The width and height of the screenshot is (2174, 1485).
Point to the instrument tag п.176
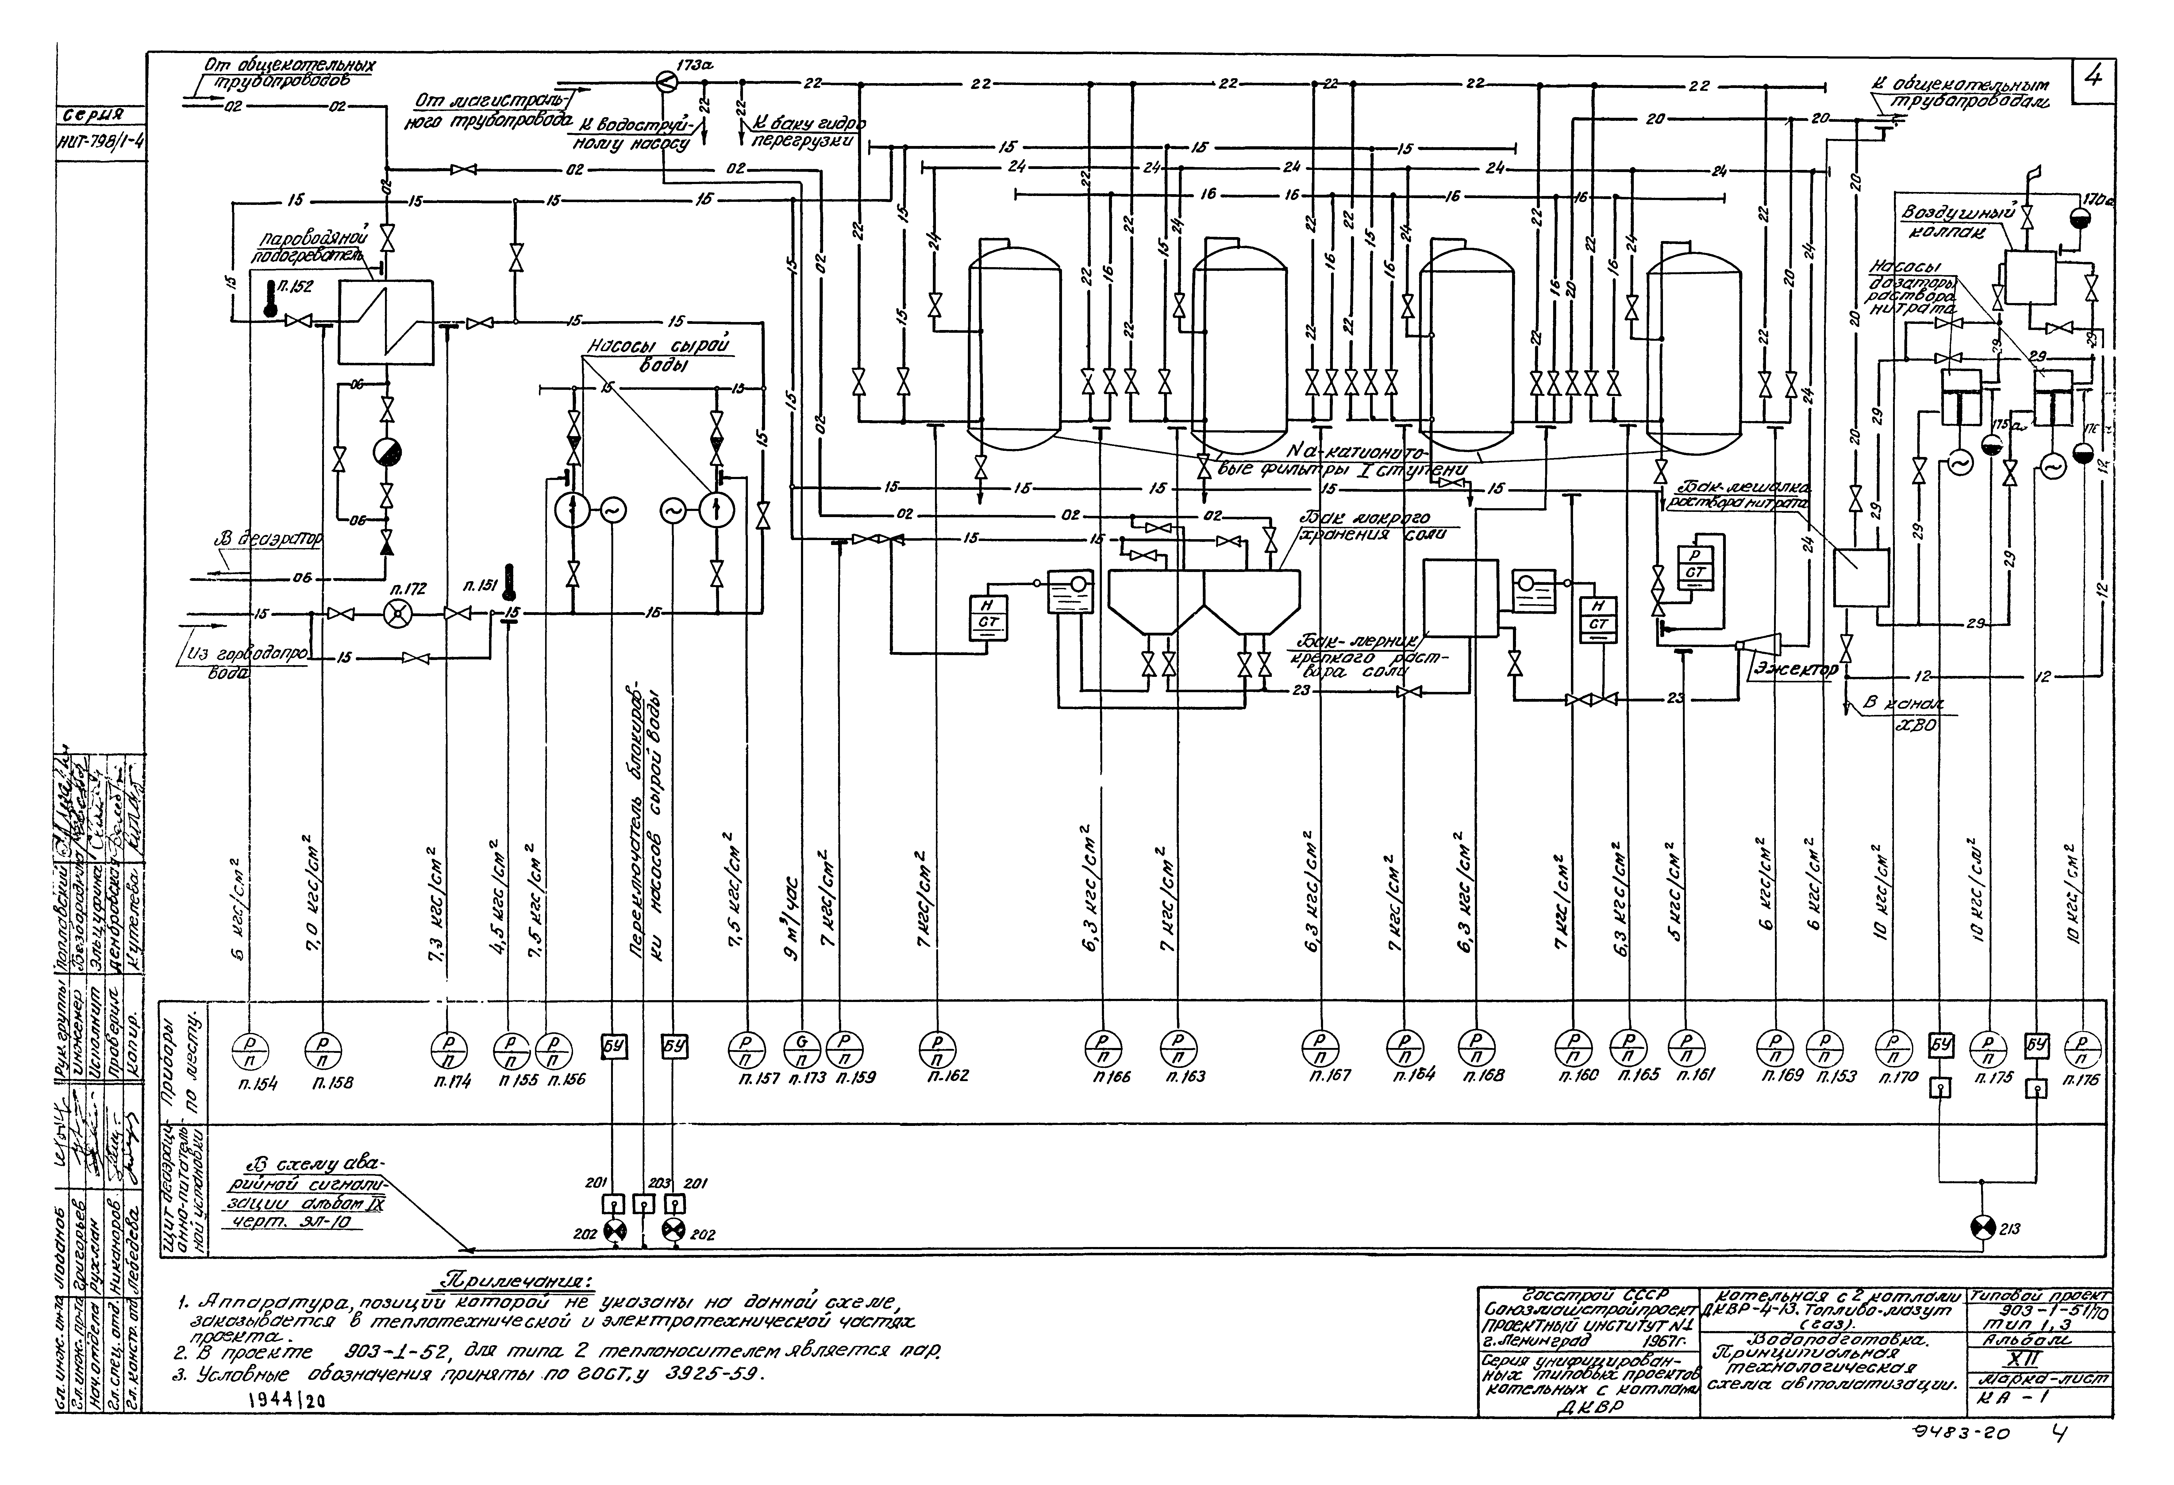coord(2082,1079)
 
